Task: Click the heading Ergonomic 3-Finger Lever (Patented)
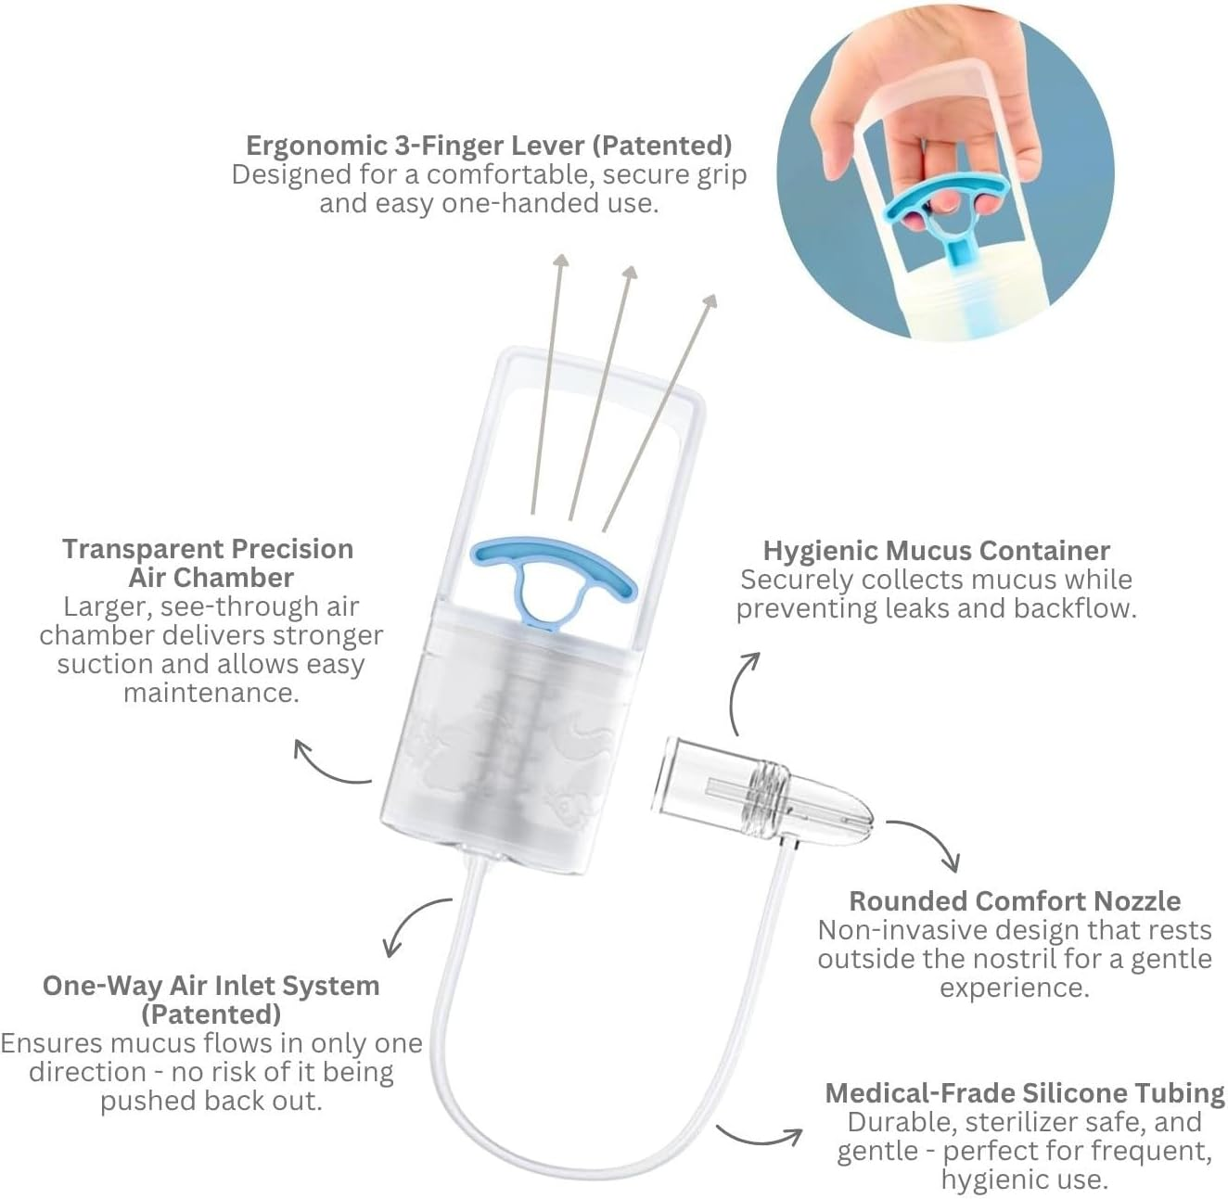tap(489, 146)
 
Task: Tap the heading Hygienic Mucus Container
tap(936, 550)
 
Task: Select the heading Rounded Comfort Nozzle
tap(1015, 900)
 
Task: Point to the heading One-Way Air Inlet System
tap(211, 985)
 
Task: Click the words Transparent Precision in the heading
tap(208, 549)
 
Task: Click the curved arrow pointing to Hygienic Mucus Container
tap(742, 691)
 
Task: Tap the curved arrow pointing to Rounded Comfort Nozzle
tap(928, 840)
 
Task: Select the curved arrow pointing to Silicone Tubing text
tap(761, 1137)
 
